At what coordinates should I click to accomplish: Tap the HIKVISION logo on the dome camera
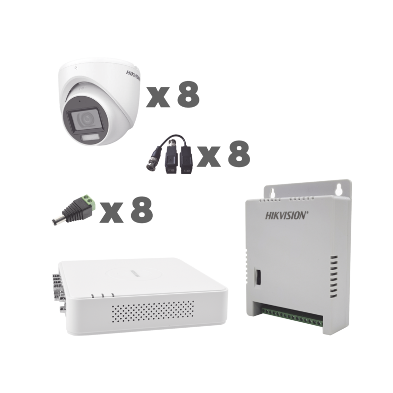click(133, 75)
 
